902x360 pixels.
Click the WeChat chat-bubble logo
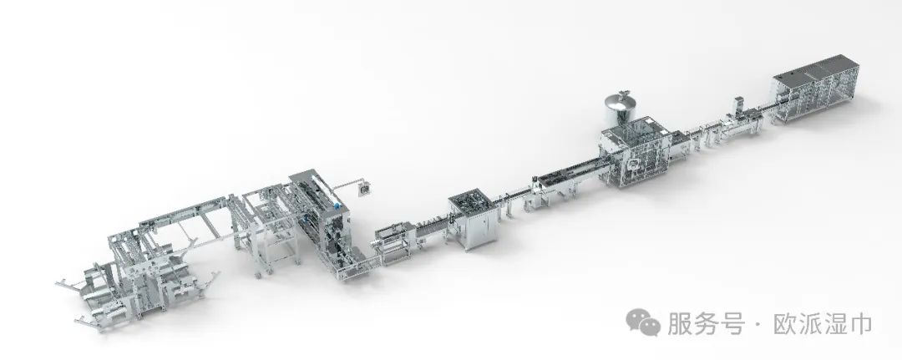[643, 322]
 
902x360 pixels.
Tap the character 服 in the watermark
[679, 323]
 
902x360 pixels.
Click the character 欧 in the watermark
[786, 323]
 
